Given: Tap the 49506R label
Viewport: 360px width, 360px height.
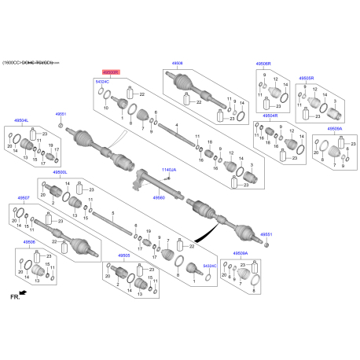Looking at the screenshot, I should pyautogui.click(x=263, y=64).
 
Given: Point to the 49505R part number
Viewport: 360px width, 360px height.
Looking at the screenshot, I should pyautogui.click(x=307, y=79).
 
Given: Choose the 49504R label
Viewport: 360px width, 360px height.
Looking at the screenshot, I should pyautogui.click(x=270, y=116).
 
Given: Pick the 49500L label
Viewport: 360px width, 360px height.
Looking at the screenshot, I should pyautogui.click(x=61, y=172).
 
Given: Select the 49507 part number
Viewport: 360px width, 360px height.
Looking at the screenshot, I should pyautogui.click(x=24, y=198).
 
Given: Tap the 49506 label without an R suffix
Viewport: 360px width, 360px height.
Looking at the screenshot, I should pyautogui.click(x=29, y=242).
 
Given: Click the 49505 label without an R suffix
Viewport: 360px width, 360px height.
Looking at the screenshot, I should pyautogui.click(x=123, y=255).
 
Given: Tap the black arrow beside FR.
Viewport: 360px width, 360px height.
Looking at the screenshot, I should pyautogui.click(x=23, y=292).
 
